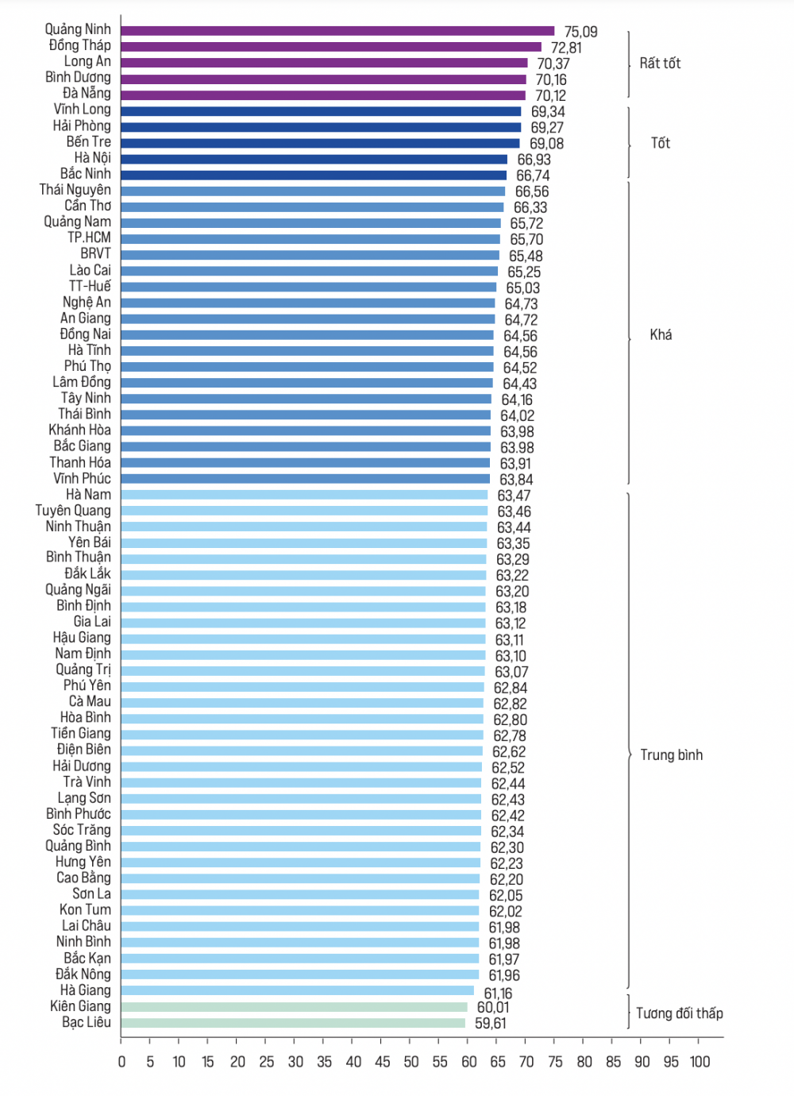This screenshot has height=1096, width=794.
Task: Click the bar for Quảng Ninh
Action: pos(337,31)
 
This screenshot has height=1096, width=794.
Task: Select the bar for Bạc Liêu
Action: pos(293,1023)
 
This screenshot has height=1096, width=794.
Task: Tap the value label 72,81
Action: pos(566,48)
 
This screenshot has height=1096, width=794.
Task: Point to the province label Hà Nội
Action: pos(93,158)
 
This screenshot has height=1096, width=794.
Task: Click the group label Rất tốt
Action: pos(660,64)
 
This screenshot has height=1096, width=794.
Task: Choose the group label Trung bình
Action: pos(671,755)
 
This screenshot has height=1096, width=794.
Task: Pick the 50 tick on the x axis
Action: pos(410,1062)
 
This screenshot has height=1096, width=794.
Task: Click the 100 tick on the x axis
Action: pos(700,1062)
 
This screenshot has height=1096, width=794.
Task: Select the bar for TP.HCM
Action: pos(310,239)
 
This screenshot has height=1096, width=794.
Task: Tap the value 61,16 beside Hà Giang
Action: pos(498,993)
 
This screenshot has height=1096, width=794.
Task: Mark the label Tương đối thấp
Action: pos(679,1013)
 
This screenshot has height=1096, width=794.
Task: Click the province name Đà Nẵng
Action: pos(87,94)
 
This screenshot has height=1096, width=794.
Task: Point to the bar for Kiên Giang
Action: pos(294,1007)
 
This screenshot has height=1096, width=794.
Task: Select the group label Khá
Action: pos(661,335)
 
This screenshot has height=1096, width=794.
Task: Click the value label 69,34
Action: pos(548,112)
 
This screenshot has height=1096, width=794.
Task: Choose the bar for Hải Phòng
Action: pos(321,127)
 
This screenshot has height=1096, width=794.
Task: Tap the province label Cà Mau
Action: pos(90,702)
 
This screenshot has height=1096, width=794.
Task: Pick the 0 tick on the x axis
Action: pos(121,1062)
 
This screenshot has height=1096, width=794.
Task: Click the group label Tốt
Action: pos(660,143)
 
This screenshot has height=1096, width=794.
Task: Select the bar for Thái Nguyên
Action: pos(313,191)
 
